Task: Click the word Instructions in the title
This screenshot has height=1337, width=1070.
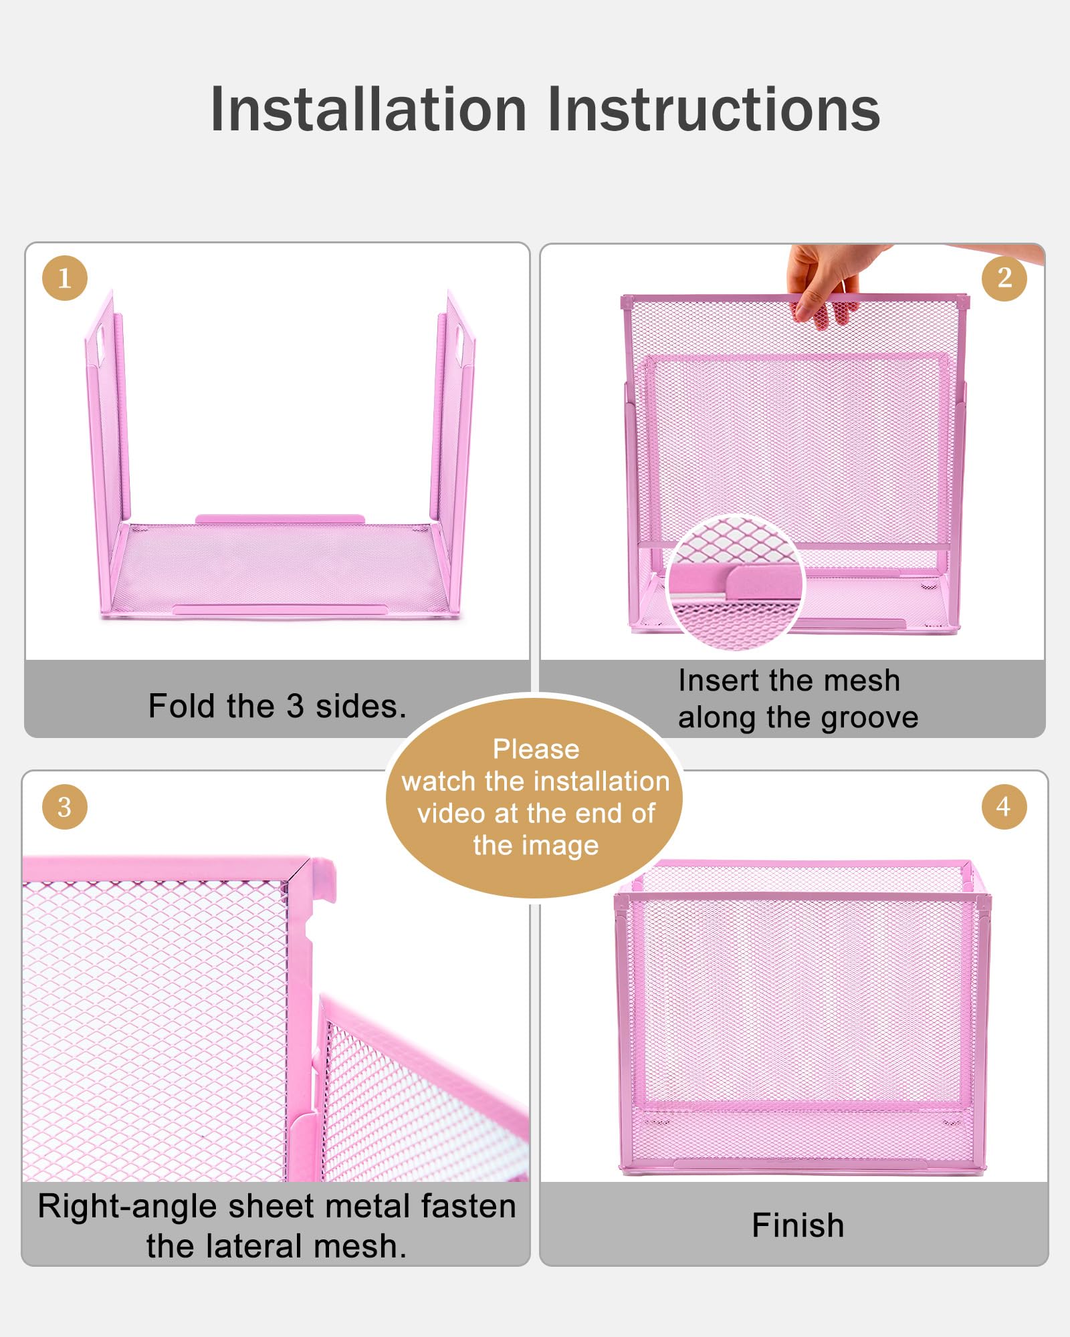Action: (714, 110)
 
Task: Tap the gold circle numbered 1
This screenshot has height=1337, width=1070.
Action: (65, 278)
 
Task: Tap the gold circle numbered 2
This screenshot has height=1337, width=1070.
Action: (1004, 278)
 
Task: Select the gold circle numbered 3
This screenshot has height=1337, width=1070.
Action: (65, 807)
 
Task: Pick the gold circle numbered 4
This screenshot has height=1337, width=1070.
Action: (1004, 807)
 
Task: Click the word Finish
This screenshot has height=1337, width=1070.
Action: (798, 1225)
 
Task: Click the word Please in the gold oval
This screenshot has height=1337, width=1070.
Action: (536, 749)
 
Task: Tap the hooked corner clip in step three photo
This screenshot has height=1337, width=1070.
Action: (322, 880)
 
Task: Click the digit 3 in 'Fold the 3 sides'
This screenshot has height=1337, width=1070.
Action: (295, 707)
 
